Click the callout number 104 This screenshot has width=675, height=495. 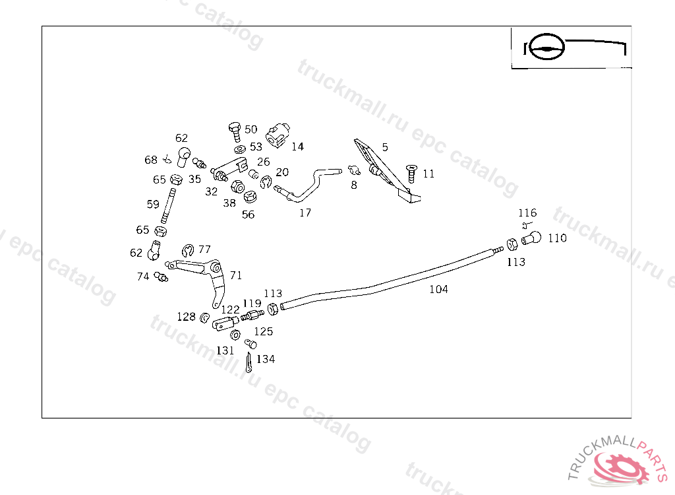tap(438, 289)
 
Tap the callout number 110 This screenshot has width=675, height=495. tap(557, 238)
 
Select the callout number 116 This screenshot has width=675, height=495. tap(527, 213)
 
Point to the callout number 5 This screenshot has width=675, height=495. tap(385, 147)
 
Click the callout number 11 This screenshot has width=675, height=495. tap(428, 174)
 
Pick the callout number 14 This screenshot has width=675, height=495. tap(298, 147)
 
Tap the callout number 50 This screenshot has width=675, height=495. tap(251, 129)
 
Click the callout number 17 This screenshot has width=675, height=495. tap(305, 213)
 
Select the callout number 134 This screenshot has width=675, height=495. tap(266, 359)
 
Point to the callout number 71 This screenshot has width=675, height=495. tap(235, 275)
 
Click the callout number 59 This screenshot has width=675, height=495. tap(153, 205)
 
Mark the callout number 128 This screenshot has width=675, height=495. tap(187, 317)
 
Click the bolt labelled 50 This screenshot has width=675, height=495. tap(234, 131)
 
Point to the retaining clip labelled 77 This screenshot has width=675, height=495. tap(187, 249)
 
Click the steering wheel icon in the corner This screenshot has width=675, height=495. tap(546, 48)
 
